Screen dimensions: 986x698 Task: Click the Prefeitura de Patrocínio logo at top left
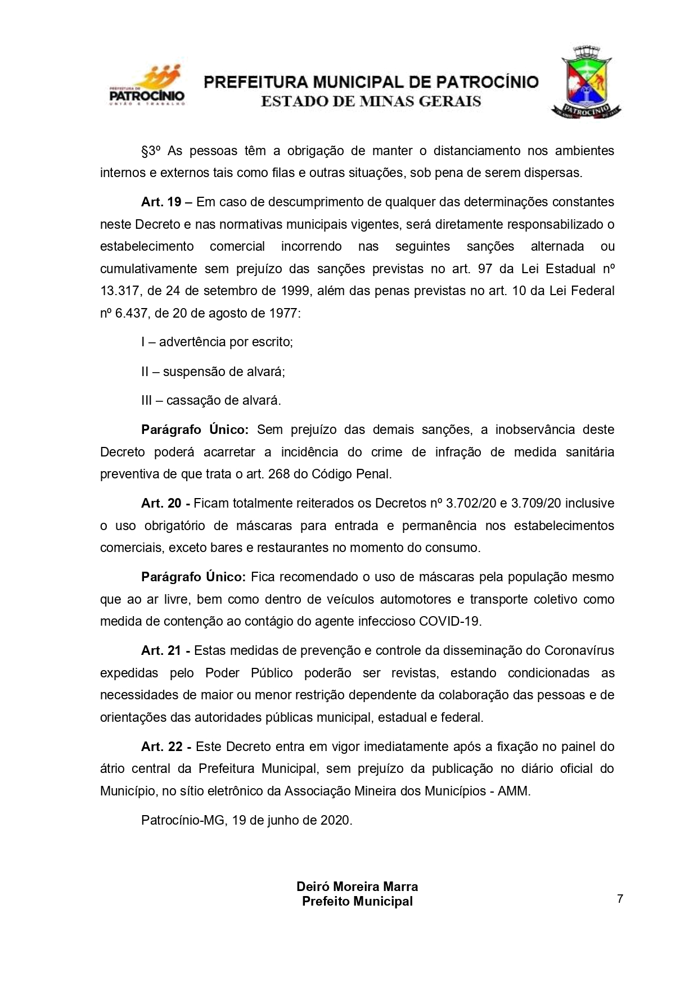click(x=147, y=86)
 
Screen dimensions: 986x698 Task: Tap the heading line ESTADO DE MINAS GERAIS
click(x=371, y=102)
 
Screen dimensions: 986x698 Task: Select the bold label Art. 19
click(x=161, y=202)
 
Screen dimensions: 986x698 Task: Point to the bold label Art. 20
click(x=161, y=503)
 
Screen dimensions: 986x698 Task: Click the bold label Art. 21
click(x=161, y=650)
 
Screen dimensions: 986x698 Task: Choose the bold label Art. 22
click(x=161, y=747)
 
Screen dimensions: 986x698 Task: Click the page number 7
click(x=620, y=898)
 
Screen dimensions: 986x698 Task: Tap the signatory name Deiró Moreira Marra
click(x=357, y=887)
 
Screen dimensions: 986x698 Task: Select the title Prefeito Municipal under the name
click(x=357, y=901)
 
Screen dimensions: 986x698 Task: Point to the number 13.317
click(x=119, y=291)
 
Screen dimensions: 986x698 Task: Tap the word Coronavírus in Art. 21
click(x=579, y=650)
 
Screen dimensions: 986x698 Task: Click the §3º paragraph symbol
click(x=151, y=151)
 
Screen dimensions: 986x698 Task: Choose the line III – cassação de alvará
click(x=211, y=400)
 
